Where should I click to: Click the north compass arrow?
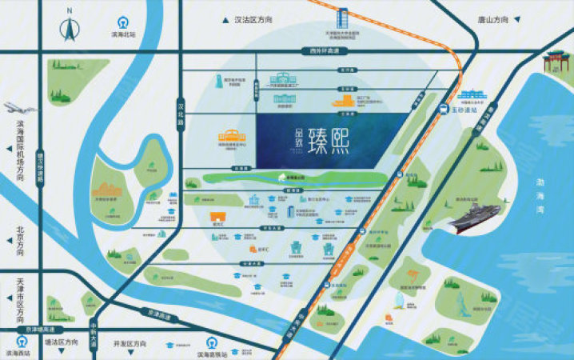click(70, 28)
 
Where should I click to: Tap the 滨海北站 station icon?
click(122, 22)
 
